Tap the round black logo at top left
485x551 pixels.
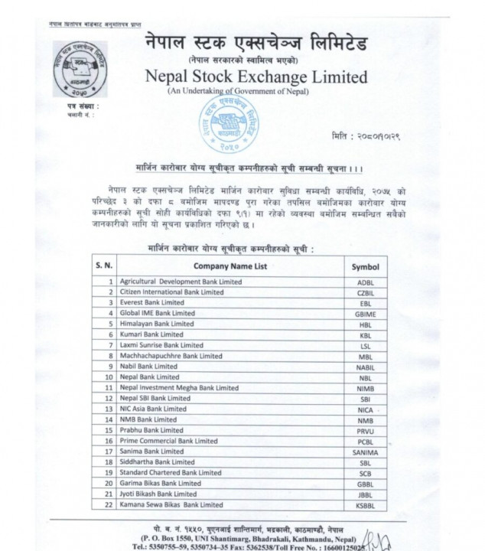tap(79, 70)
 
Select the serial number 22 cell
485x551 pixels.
tap(109, 505)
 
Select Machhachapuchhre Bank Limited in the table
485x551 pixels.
tap(171, 356)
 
